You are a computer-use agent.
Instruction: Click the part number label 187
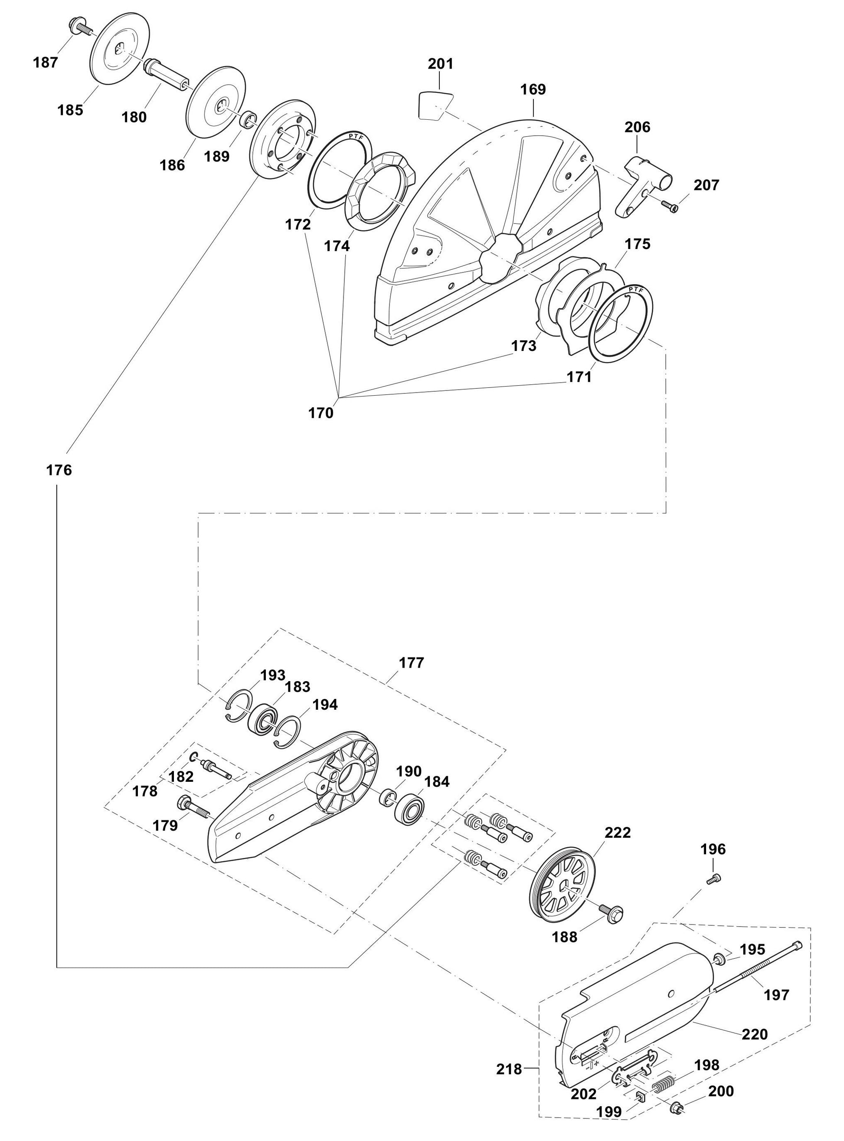pos(46,62)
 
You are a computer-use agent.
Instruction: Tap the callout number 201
pos(440,64)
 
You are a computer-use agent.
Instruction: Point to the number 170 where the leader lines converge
pos(321,413)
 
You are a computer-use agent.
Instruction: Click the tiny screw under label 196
pos(712,879)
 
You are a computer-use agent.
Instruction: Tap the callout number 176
pos(59,470)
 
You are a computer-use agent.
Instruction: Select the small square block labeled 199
pos(641,1095)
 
